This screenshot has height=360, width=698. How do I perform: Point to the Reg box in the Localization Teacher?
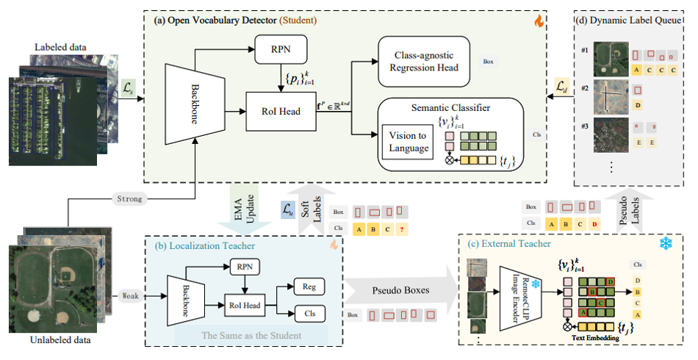(x=309, y=285)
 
